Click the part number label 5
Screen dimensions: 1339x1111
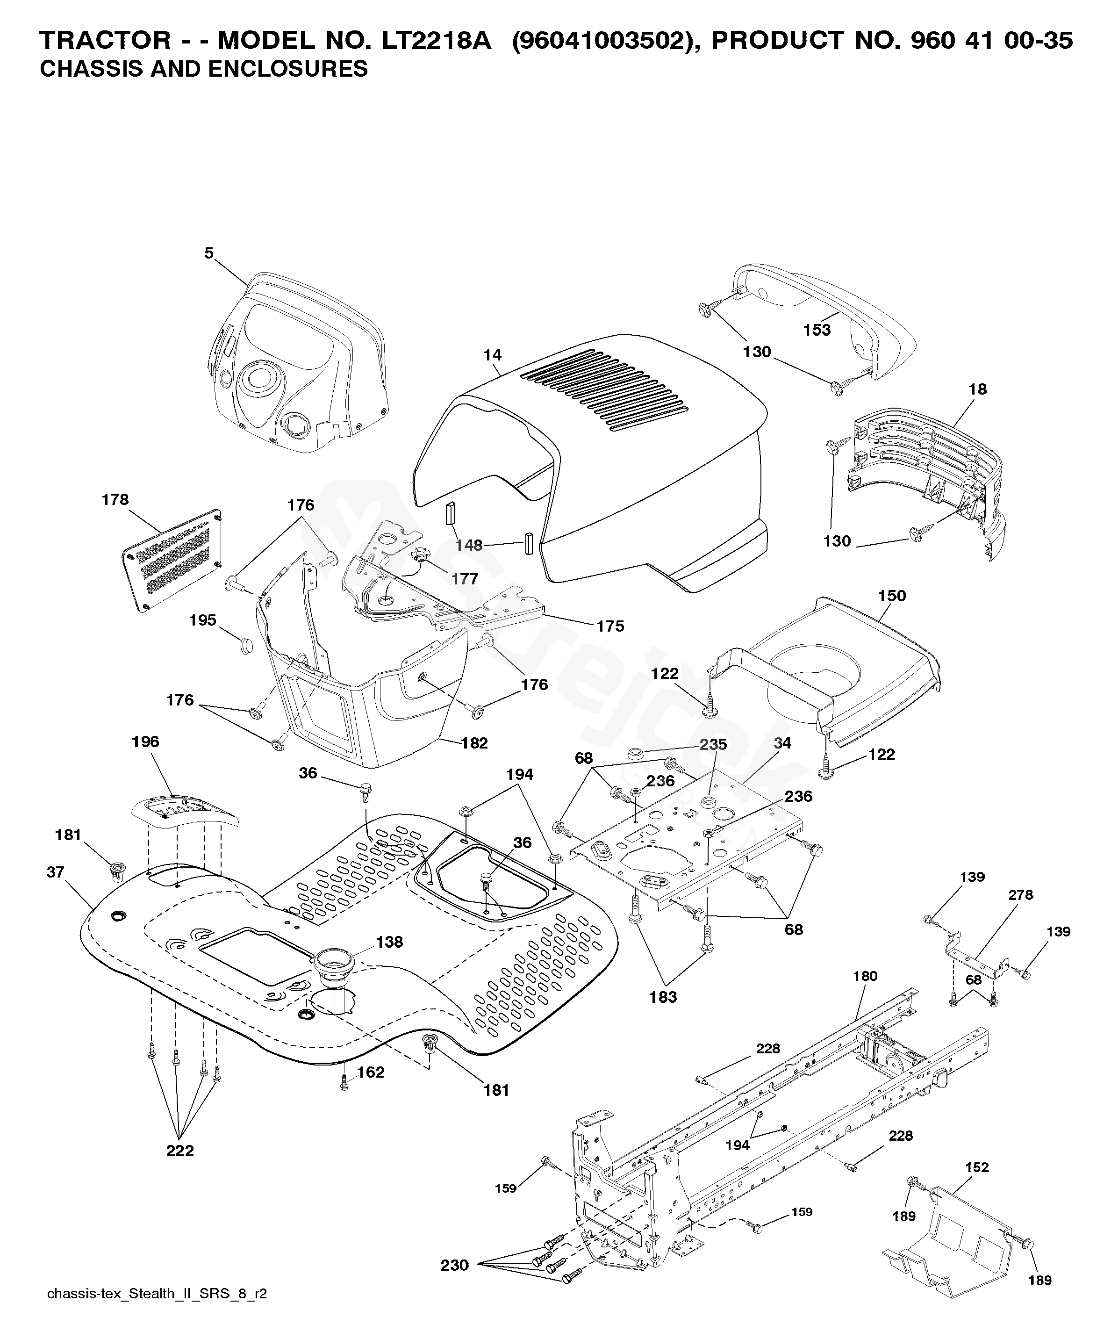209,253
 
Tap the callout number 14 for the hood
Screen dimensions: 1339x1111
493,355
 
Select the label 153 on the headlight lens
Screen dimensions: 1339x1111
817,330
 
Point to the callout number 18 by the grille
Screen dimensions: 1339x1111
978,389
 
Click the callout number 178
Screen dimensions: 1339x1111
115,499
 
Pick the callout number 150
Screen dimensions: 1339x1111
892,596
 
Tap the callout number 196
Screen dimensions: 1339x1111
145,741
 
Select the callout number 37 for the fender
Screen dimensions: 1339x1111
56,871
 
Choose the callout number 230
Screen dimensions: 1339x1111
454,1266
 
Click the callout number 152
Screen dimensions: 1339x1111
977,1167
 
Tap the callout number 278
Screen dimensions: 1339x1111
1020,895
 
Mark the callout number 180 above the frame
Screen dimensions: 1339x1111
865,976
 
